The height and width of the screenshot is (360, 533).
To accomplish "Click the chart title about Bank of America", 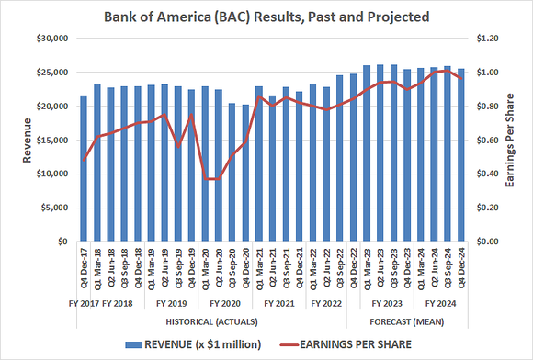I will [266, 17].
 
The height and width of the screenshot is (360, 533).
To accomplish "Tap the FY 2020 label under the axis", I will [225, 302].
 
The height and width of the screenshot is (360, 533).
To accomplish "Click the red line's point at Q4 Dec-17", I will [84, 161].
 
